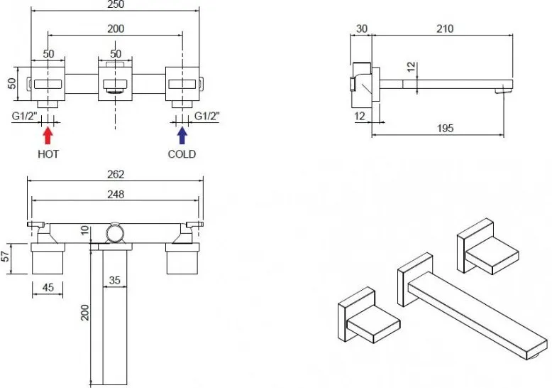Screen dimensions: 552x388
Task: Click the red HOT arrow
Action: coord(48,136)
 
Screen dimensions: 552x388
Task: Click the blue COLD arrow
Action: coord(182,136)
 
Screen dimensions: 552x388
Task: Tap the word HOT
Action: coord(48,154)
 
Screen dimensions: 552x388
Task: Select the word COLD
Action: coord(182,154)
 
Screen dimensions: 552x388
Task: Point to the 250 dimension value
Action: coord(116,4)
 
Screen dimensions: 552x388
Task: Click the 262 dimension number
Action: coord(116,174)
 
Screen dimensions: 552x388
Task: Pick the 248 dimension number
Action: coord(116,194)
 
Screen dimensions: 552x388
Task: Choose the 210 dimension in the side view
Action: coord(445,28)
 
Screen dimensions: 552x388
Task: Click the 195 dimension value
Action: coord(445,128)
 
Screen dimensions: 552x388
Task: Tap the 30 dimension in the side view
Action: coord(362,28)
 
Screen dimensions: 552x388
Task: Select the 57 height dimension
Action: coord(6,257)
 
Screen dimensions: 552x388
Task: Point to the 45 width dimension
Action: coord(48,287)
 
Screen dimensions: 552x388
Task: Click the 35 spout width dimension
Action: coord(115,280)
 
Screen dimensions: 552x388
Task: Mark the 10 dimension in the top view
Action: coord(85,230)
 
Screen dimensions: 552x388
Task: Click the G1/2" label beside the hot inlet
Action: coord(25,116)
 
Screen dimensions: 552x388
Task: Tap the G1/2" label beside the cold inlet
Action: coord(207,116)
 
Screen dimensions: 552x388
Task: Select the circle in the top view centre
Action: coord(115,233)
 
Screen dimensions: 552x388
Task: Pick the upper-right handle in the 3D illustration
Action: coord(487,247)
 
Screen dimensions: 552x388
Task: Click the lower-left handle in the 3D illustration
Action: coord(369,315)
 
